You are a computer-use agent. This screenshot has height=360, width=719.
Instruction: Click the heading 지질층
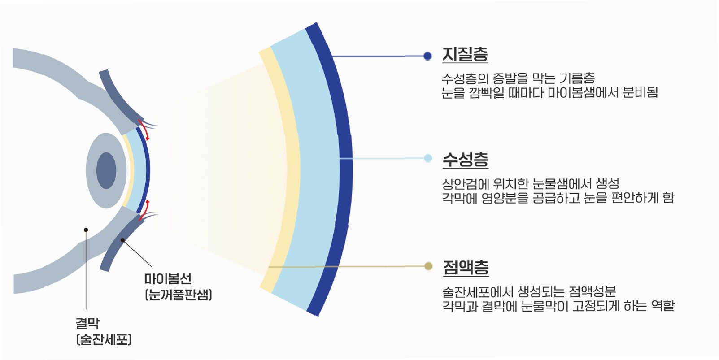click(465, 55)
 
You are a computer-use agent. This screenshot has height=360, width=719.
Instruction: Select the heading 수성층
click(465, 159)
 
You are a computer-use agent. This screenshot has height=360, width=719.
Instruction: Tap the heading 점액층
click(466, 268)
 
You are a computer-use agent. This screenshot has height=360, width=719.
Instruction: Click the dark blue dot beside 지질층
click(427, 56)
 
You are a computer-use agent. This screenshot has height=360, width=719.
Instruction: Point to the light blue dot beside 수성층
click(427, 158)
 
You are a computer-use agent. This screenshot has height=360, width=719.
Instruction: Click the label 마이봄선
click(168, 279)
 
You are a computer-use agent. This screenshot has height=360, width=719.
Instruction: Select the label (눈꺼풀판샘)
click(179, 295)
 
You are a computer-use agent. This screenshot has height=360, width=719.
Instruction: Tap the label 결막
click(87, 323)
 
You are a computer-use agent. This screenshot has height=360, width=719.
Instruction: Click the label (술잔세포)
click(104, 339)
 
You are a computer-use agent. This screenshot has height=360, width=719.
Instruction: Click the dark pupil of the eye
click(106, 170)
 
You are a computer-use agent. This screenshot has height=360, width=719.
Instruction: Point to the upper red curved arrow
click(144, 130)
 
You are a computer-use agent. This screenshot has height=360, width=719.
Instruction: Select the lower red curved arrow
click(144, 210)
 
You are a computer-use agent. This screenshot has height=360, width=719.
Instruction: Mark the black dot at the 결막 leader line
click(86, 230)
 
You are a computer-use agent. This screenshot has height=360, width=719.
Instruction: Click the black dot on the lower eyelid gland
click(122, 240)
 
